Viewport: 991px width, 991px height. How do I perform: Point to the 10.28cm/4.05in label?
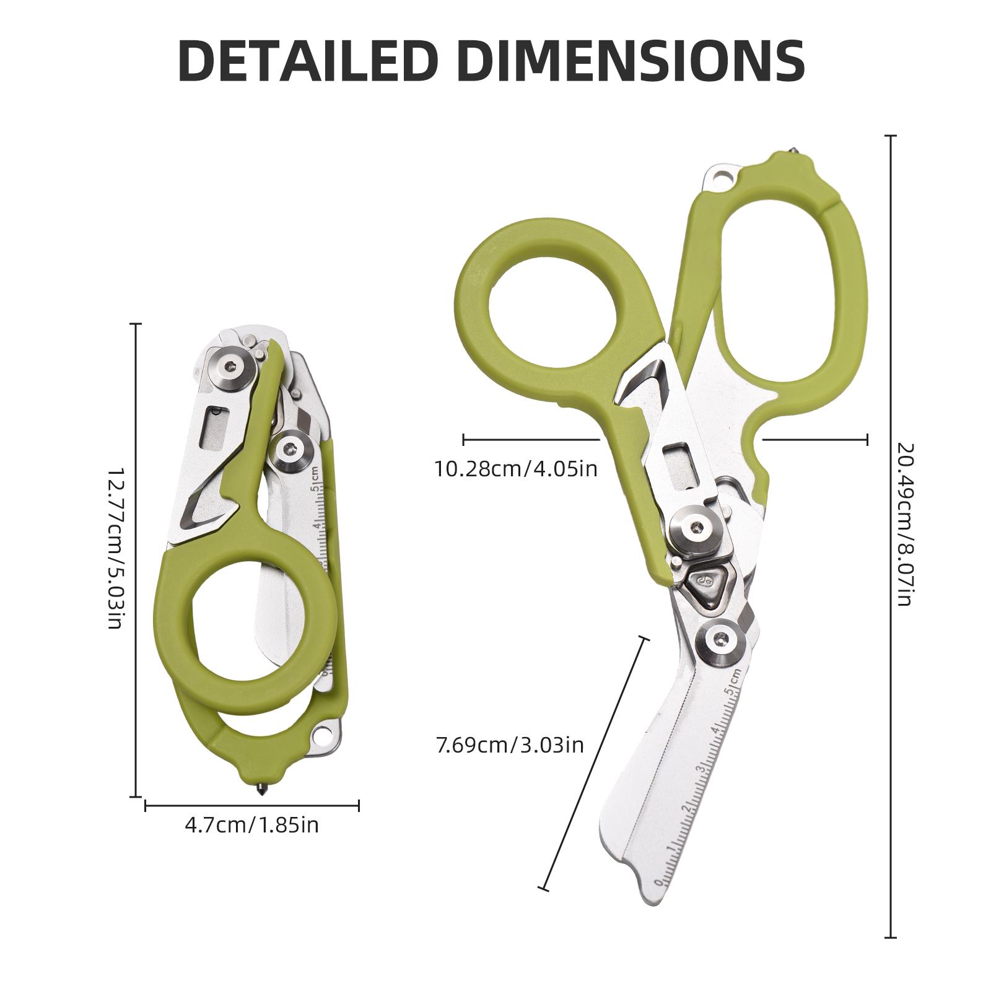(515, 469)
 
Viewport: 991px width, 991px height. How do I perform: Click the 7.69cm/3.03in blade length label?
(510, 744)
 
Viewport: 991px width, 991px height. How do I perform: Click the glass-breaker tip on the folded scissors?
(261, 792)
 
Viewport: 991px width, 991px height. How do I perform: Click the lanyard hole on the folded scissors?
(323, 735)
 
